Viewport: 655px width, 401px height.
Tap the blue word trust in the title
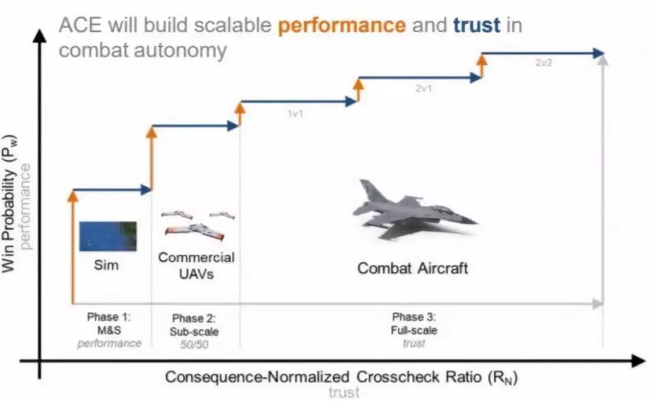[477, 25]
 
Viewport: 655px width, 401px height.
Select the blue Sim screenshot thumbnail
[108, 237]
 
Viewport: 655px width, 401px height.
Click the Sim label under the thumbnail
[106, 265]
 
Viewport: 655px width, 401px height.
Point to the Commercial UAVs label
[196, 266]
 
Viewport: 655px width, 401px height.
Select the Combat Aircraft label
[412, 268]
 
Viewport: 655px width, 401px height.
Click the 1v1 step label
[295, 113]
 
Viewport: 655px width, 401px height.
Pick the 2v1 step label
[423, 89]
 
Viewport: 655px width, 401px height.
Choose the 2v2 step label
[543, 62]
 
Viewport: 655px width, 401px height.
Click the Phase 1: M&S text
[109, 323]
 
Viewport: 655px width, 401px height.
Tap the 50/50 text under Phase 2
[194, 345]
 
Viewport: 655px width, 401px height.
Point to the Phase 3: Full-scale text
[414, 324]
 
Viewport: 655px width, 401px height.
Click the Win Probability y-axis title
[9, 204]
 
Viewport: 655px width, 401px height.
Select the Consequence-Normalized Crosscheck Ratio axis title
[341, 377]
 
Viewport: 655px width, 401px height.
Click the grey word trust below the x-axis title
[344, 393]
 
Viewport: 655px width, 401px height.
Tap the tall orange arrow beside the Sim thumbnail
[73, 246]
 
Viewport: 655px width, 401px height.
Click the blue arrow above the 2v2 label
[543, 53]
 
